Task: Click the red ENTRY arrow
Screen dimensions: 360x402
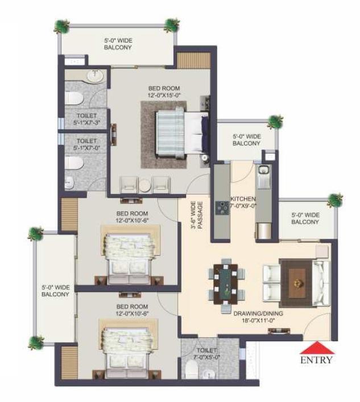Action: tap(317, 347)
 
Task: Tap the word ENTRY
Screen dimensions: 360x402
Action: tap(316, 360)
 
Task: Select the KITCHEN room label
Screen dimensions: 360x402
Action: tap(243, 199)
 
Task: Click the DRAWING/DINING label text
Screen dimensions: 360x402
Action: tap(258, 313)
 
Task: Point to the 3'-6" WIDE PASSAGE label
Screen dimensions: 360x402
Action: tap(197, 215)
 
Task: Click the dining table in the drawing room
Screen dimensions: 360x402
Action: tap(226, 284)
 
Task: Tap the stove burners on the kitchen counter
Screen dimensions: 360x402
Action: tap(222, 208)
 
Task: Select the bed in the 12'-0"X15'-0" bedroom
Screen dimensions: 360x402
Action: tap(182, 133)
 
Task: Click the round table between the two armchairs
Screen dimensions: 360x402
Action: tap(144, 185)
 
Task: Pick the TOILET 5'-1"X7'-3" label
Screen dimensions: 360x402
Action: tap(86, 119)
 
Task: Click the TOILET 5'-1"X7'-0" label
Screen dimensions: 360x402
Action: tap(86, 144)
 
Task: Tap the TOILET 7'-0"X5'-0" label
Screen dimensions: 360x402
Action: tap(206, 354)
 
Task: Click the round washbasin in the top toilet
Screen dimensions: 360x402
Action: tap(96, 76)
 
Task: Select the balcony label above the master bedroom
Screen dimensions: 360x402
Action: tap(118, 44)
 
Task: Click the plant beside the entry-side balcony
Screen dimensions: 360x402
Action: tap(335, 200)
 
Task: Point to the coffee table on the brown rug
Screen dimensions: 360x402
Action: tap(297, 283)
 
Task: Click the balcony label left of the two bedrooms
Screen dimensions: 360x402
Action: tap(55, 291)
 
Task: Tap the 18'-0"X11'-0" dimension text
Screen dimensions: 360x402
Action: tap(258, 320)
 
